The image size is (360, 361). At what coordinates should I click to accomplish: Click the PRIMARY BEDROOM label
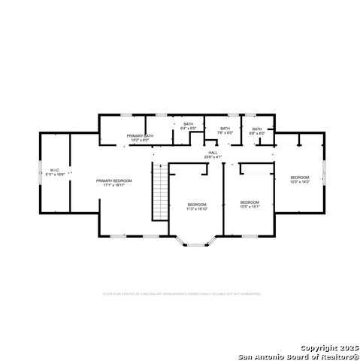coord(113,180)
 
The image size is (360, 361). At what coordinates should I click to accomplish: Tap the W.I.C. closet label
coord(54,170)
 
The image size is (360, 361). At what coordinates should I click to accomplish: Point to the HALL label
coord(213,153)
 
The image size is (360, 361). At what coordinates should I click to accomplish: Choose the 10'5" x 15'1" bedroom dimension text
coord(250,205)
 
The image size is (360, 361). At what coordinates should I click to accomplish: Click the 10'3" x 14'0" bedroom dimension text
coord(300,181)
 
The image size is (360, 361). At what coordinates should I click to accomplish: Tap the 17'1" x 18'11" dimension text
coord(113,185)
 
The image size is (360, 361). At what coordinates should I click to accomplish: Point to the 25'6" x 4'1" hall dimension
coord(213,157)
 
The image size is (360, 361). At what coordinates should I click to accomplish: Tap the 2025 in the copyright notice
coord(349,347)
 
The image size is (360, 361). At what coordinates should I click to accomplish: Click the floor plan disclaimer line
coord(181,294)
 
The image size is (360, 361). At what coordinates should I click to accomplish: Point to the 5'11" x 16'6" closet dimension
coord(54,174)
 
